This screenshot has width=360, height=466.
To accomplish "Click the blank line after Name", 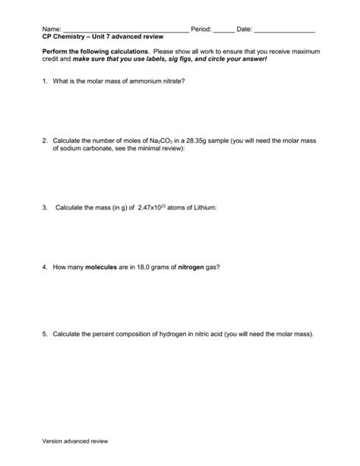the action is coord(125,30).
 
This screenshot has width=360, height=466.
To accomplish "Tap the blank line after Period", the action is coord(224,30).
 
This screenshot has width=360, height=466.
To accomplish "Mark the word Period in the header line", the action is coord(201,29).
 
